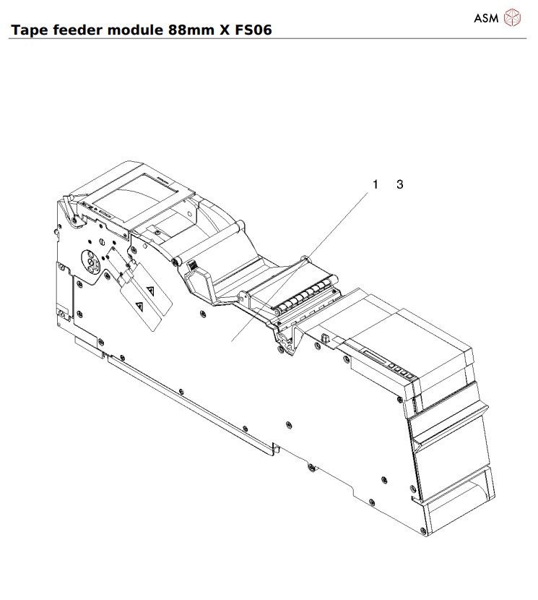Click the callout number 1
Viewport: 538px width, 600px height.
pyautogui.click(x=376, y=184)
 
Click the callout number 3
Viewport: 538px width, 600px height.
pyautogui.click(x=400, y=184)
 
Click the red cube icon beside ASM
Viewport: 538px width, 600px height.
pyautogui.click(x=511, y=17)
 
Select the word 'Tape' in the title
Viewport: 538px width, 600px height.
pyautogui.click(x=26, y=30)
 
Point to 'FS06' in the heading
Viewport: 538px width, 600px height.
pyautogui.click(x=252, y=30)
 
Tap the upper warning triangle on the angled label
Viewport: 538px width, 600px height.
pyautogui.click(x=150, y=290)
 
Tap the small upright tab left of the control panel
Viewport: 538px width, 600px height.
pyautogui.click(x=325, y=338)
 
